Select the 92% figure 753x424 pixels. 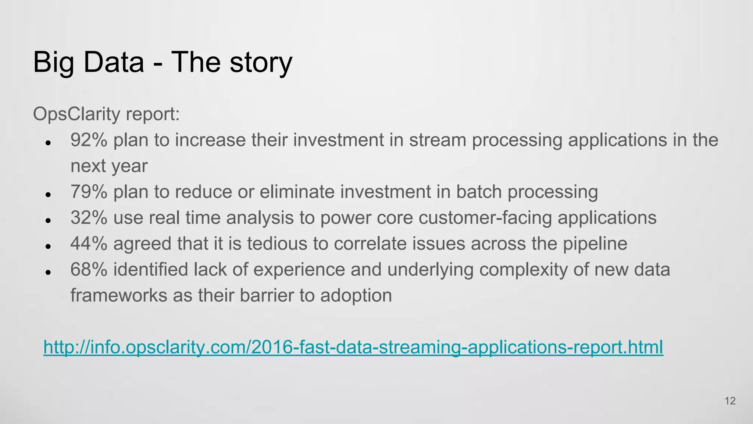coord(89,140)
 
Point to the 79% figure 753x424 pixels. coord(89,192)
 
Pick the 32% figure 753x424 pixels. coord(89,218)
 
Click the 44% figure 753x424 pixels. coord(89,244)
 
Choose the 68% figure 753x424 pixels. coord(89,269)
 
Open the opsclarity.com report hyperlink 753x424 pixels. coord(353,347)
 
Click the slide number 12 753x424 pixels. coord(730,401)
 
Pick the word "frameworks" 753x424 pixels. coord(119,296)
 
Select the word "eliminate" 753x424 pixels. coord(296,192)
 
